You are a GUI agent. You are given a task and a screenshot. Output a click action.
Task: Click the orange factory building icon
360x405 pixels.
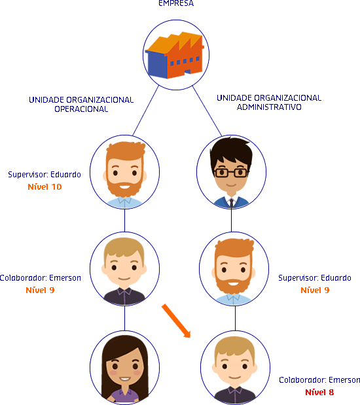175,55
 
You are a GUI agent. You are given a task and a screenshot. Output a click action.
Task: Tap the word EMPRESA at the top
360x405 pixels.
176,3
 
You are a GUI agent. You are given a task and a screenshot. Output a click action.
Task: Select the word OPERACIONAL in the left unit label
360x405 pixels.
81,109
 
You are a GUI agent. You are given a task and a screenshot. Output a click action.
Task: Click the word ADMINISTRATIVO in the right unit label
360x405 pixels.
269,107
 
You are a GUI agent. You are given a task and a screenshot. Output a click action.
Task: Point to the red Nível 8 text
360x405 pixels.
319,393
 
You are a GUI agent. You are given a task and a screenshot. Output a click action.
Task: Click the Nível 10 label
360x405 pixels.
45,186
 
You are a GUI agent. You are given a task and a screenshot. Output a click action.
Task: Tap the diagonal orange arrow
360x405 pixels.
176,321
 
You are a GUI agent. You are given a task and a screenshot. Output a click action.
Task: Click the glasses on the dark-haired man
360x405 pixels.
231,172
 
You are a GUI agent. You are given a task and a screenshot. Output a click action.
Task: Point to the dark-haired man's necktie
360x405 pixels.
231,203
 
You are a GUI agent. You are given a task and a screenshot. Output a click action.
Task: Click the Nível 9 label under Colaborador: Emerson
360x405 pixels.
40,290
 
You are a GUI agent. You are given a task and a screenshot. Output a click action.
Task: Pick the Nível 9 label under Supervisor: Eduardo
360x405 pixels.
315,290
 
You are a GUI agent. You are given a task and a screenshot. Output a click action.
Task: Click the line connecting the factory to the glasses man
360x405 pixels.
207,111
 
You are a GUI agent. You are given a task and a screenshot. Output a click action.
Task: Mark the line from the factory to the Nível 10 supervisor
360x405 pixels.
145,111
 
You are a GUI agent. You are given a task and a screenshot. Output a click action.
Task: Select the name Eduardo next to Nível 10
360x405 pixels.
65,174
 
